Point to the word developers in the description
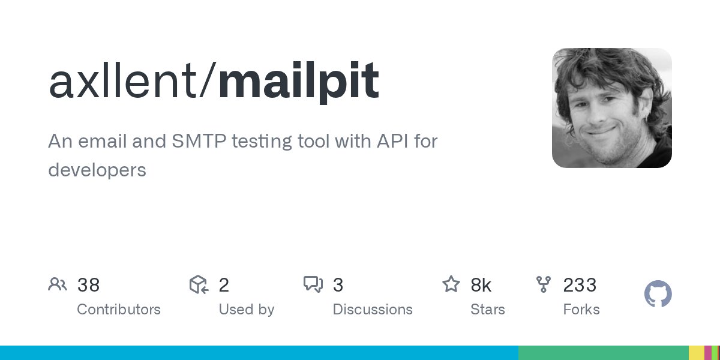tap(97, 170)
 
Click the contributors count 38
tap(88, 285)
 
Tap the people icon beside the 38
tap(58, 284)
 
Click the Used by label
tap(246, 310)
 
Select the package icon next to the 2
tap(199, 284)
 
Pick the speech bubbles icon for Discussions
tap(313, 284)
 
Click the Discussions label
tap(373, 310)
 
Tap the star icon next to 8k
tap(451, 284)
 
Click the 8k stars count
tap(481, 285)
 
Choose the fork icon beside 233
tap(544, 284)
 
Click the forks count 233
tap(580, 285)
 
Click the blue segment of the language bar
tap(258, 353)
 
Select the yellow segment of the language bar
tap(696, 353)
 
